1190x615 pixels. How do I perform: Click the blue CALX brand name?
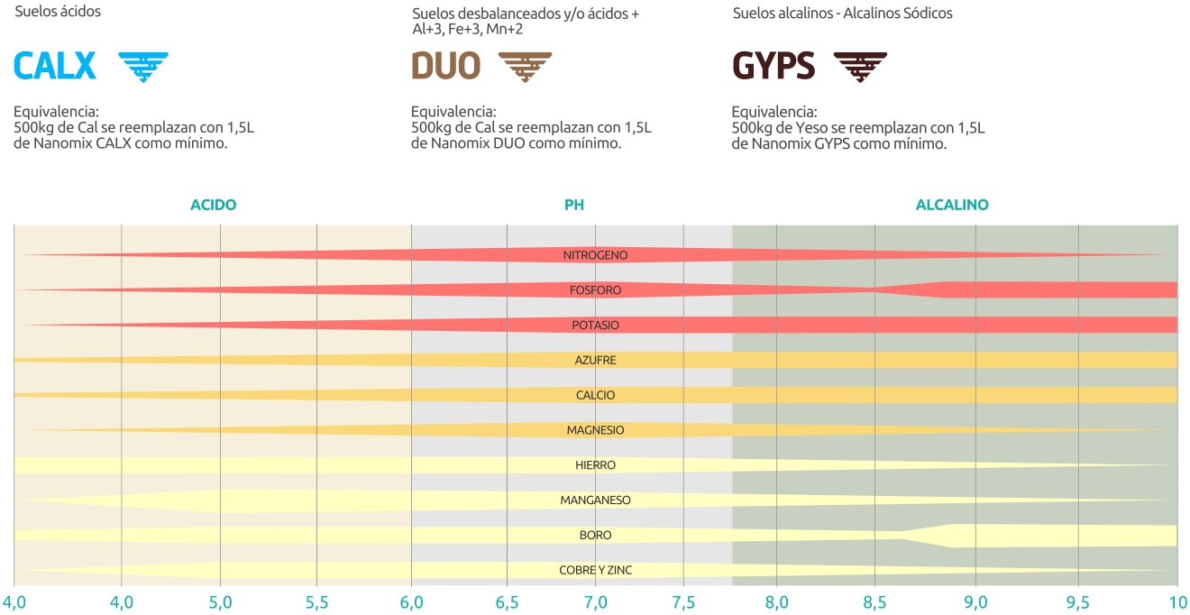tap(55, 66)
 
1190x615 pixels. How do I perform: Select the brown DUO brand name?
tap(445, 66)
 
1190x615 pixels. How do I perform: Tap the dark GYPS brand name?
tap(773, 66)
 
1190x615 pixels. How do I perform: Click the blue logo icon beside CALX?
tap(143, 67)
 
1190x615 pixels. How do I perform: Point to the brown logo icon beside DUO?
tap(525, 67)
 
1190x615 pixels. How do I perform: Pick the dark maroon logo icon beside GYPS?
tap(859, 67)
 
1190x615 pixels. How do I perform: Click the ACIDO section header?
tap(213, 205)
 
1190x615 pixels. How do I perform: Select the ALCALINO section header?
tap(951, 205)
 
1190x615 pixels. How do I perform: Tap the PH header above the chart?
tap(574, 205)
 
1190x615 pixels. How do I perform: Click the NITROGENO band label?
tap(595, 255)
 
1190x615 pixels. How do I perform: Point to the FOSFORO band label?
tap(595, 290)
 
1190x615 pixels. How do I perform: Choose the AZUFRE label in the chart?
tap(595, 360)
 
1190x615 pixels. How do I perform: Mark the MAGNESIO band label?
tap(595, 430)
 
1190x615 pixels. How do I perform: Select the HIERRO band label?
tap(595, 465)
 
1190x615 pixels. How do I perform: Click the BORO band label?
tap(595, 535)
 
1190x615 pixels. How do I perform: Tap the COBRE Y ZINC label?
tap(595, 570)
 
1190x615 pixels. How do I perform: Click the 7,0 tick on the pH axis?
tap(595, 601)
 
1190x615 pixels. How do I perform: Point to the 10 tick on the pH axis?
tap(1176, 601)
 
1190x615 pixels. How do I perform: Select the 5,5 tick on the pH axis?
tap(316, 601)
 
